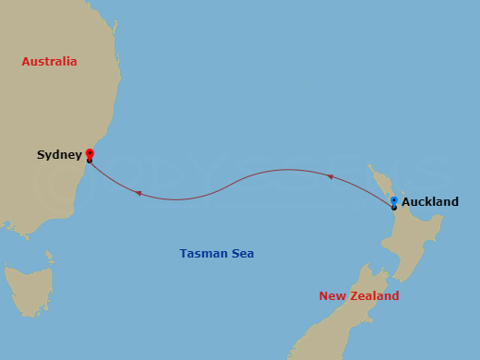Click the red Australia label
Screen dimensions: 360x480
[x=50, y=62]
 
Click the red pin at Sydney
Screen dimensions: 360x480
[x=90, y=153]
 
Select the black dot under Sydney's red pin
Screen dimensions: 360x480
[x=90, y=161]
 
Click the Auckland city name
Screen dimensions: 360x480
[x=430, y=201]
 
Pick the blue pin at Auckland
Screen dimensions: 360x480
[x=394, y=200]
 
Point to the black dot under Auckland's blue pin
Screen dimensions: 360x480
[x=394, y=208]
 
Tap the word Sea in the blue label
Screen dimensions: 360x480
[x=243, y=253]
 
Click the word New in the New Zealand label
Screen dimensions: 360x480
[x=333, y=296]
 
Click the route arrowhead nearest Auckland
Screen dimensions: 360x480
[x=330, y=174]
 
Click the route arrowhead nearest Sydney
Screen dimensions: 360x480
[x=138, y=193]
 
